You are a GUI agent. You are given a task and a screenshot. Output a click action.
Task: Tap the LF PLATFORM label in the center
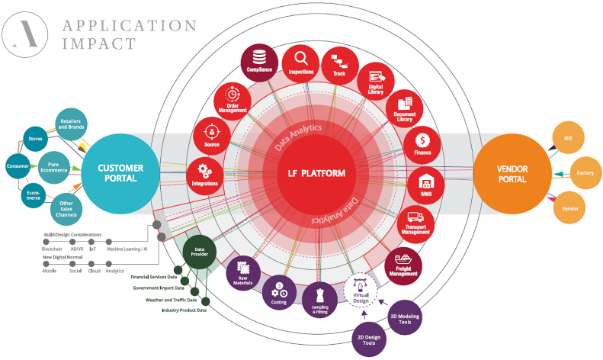pos(310,174)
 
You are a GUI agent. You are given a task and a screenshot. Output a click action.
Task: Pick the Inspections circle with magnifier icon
pos(300,64)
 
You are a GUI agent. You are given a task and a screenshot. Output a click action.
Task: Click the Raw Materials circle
pos(243,272)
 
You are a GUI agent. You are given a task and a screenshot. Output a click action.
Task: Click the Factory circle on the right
pos(585,174)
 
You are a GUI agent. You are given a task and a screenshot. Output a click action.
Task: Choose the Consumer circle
pos(18,166)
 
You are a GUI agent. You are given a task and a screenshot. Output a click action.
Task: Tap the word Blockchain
pos(53,250)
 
